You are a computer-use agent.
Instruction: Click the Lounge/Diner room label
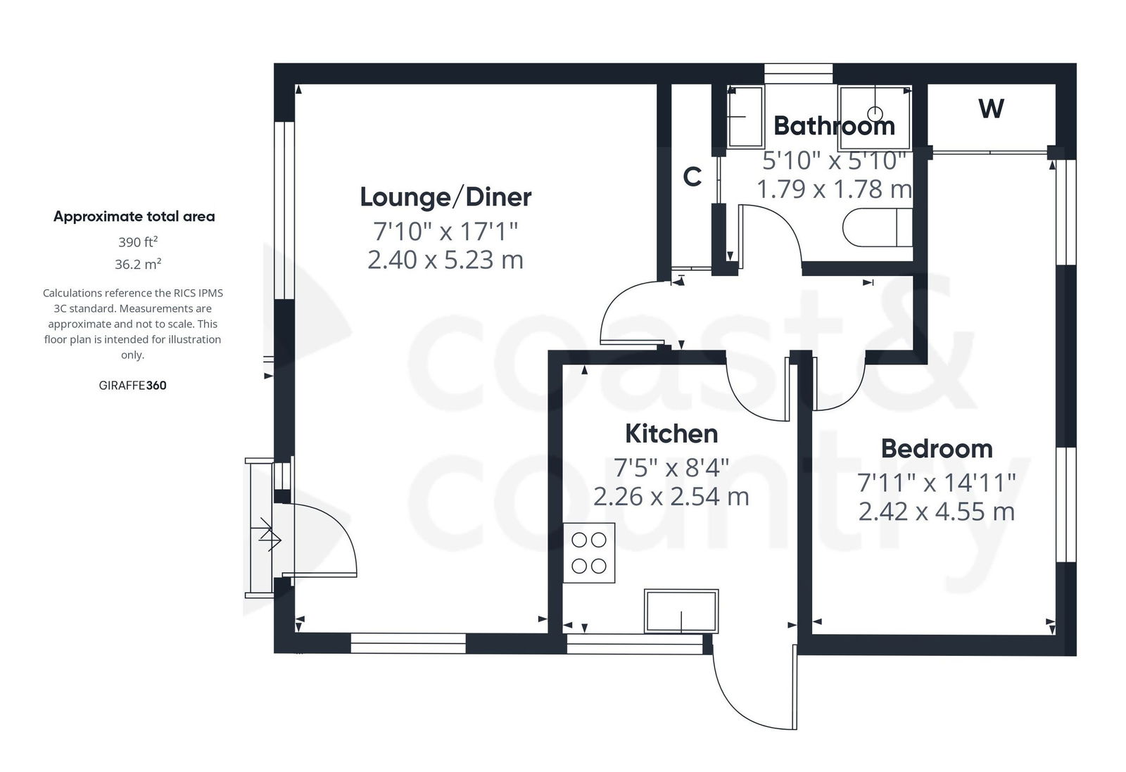[445, 197]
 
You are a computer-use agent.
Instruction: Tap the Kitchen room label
[671, 434]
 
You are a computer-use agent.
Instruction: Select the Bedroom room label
[936, 449]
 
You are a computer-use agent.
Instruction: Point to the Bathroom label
[834, 127]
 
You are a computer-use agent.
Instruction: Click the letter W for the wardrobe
[991, 109]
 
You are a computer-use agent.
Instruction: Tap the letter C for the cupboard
[692, 177]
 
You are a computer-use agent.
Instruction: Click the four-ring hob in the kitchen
[589, 552]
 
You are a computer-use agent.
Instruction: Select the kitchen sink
[681, 611]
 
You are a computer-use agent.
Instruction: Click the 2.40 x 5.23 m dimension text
[445, 260]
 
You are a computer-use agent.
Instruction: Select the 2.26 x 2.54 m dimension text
[671, 497]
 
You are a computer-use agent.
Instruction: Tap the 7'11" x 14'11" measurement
[936, 483]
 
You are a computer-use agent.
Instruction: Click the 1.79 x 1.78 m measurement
[834, 189]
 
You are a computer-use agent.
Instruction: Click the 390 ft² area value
[137, 242]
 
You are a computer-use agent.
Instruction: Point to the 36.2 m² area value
[137, 265]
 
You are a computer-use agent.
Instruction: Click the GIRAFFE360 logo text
[133, 386]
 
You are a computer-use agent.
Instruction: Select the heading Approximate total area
[134, 217]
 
